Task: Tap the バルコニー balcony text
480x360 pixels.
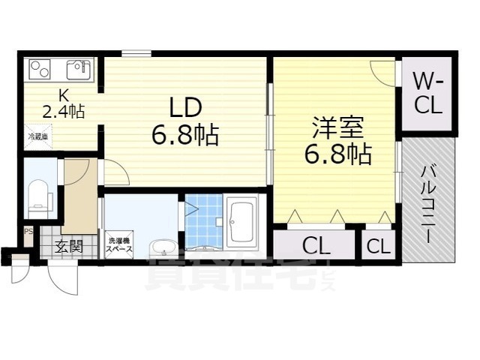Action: pyautogui.click(x=428, y=202)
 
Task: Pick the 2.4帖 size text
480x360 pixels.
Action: pyautogui.click(x=62, y=112)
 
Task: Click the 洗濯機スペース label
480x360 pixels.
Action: pyautogui.click(x=119, y=244)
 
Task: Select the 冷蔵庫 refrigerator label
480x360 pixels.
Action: pyautogui.click(x=38, y=136)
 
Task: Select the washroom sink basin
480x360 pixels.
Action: pyautogui.click(x=163, y=247)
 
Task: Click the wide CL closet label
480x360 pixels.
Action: pyautogui.click(x=314, y=245)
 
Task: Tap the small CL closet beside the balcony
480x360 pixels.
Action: pyautogui.click(x=379, y=245)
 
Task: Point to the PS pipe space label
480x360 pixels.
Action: pyautogui.click(x=28, y=232)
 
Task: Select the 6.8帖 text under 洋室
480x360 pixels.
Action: pyautogui.click(x=337, y=154)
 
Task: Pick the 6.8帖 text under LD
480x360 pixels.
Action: pyautogui.click(x=184, y=135)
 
